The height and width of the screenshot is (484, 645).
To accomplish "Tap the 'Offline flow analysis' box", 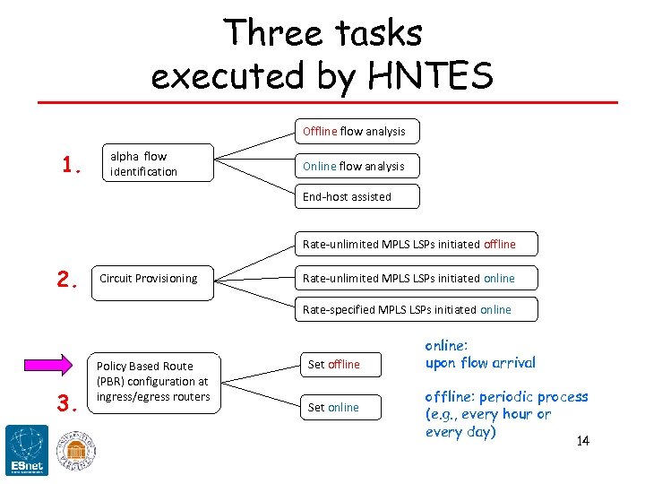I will click(x=357, y=131).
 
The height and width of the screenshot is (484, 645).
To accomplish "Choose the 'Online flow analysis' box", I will click(x=357, y=166).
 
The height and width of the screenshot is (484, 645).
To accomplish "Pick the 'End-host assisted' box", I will click(x=357, y=196).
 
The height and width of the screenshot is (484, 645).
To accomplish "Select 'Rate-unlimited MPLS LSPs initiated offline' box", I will click(x=417, y=244).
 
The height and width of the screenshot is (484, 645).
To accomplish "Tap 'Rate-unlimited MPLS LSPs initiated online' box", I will click(x=417, y=278).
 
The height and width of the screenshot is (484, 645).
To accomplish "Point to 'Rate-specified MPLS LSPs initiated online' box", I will click(x=417, y=309).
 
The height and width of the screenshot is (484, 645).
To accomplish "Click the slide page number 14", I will click(x=583, y=441).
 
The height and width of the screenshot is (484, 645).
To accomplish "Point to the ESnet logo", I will click(x=27, y=450).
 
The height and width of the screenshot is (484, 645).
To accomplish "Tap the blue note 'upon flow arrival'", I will click(x=480, y=363).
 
